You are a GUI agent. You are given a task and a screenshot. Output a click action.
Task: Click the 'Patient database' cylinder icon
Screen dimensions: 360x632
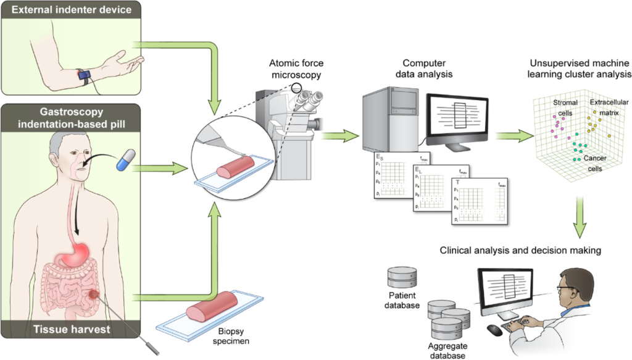401,278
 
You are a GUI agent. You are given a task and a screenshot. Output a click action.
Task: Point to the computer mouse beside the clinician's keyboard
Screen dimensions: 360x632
494,330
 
